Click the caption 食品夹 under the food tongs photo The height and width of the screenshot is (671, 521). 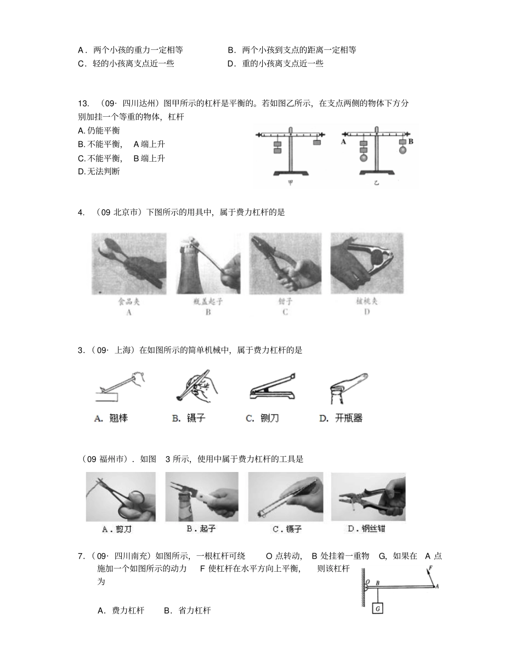point(129,302)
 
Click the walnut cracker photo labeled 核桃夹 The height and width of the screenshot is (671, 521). point(366,263)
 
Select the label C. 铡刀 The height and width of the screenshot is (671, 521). point(262,418)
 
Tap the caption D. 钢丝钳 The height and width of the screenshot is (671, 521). point(366,529)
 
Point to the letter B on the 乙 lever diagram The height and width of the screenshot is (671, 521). point(410,141)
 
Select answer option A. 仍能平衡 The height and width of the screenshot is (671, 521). point(99,130)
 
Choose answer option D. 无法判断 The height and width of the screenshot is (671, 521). point(99,172)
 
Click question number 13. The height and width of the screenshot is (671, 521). point(83,103)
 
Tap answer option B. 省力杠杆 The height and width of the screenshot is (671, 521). point(187,610)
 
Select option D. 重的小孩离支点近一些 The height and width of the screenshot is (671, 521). point(275,64)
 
